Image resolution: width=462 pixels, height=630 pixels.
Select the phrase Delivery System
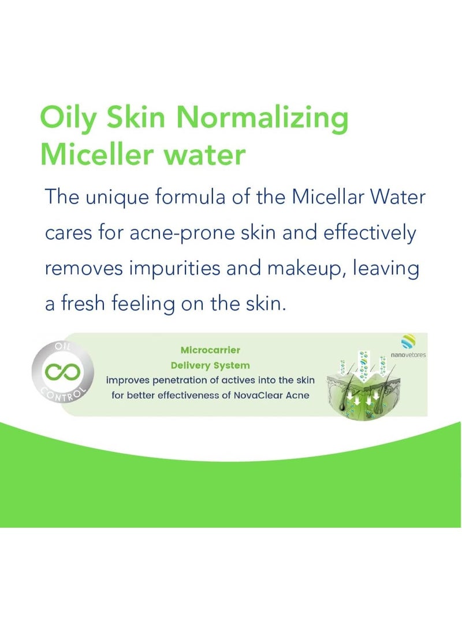[210, 365]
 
